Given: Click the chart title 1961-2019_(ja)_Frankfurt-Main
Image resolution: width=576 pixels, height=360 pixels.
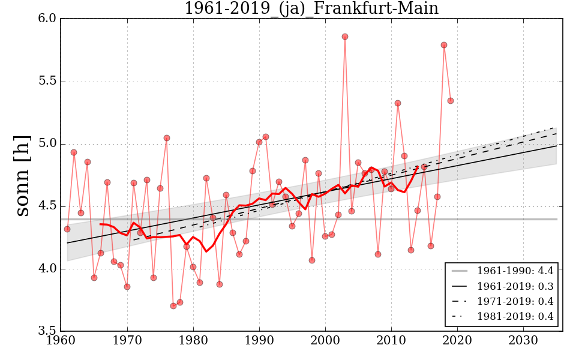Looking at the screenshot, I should pos(311,8).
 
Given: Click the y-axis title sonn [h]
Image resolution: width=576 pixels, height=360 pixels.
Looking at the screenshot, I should pos(22,175).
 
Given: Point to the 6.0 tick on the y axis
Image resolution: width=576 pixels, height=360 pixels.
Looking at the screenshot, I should pos(48,19).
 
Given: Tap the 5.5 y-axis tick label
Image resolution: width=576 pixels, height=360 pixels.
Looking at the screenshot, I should pos(48,82).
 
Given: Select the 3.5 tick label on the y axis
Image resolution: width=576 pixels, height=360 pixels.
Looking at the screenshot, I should pos(48,331).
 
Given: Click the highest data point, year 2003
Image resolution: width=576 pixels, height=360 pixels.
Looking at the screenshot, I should pos(345,37).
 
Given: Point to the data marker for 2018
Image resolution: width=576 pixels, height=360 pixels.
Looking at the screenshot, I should pos(444,45).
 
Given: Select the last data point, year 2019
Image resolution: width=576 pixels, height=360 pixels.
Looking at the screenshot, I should pos(451,101).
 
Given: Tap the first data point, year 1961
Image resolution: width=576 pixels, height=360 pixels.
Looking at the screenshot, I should pos(67,229).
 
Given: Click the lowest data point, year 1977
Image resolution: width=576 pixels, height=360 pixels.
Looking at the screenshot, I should pos(173,306).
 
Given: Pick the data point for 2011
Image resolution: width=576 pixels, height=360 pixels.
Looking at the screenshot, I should pos(398,103).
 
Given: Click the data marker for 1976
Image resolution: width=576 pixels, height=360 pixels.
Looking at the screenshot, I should pos(167,138).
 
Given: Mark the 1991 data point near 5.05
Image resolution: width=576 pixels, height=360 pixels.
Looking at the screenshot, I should pos(266,137).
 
